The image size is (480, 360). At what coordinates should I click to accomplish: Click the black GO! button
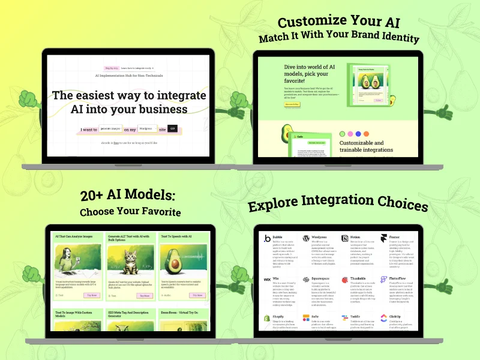click(172, 128)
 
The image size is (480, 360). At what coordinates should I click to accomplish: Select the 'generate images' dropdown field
click(110, 128)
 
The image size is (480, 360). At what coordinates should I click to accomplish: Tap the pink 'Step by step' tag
click(111, 68)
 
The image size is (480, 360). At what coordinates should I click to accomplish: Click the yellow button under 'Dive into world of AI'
click(292, 104)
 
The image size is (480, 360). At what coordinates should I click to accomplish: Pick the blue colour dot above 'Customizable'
click(358, 134)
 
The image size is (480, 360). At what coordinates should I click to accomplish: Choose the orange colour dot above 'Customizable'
click(367, 134)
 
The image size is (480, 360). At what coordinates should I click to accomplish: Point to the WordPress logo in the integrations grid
click(306, 238)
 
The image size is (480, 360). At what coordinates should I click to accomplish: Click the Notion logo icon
click(345, 238)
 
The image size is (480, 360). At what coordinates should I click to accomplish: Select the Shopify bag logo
click(268, 317)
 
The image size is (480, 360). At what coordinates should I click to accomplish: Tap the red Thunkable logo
click(345, 280)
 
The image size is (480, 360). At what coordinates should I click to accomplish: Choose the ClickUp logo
click(384, 317)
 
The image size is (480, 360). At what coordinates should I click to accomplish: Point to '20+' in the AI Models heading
click(94, 196)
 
